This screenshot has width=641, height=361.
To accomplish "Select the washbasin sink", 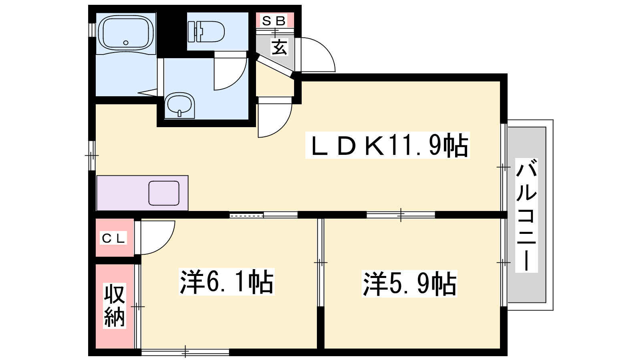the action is point(180,105).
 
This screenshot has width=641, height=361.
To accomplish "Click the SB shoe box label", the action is point(274,20).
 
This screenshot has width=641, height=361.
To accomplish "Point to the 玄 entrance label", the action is point(279,47).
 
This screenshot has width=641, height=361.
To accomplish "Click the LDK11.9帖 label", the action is point(387,145).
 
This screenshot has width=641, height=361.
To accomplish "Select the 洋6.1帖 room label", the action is point(226,282).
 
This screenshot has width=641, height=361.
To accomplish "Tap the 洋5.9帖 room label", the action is point(409,284).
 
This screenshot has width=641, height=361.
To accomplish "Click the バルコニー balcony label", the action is point(526,215).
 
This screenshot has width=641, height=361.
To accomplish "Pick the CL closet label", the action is point(113,238).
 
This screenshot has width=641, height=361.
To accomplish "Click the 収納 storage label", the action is point(115,306).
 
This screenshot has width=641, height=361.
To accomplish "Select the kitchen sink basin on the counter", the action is point(164,193).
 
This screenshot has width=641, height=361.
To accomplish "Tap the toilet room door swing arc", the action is point(238,80).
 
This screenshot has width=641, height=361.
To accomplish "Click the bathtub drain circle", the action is point(126,43).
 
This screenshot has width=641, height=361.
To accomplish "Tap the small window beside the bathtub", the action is point(92,30).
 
